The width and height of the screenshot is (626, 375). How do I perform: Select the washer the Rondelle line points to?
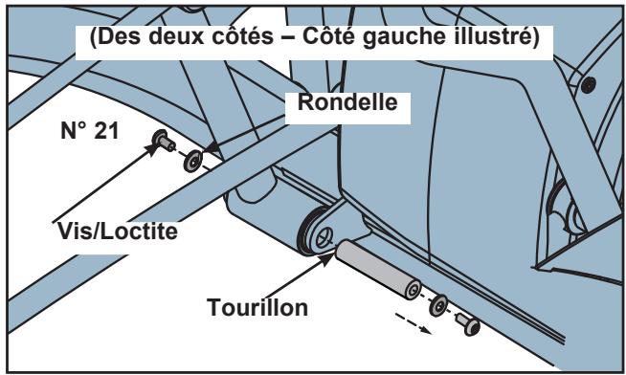(x=192, y=160)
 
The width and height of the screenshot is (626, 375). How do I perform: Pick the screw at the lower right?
(x=468, y=324)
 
